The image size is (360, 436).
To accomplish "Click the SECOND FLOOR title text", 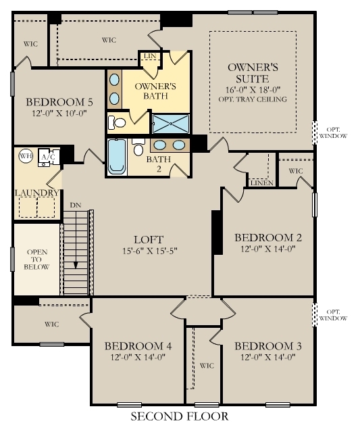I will point(179,416).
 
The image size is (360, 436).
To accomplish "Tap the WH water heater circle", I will point(26,155).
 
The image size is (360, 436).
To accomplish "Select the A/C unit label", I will point(49,157).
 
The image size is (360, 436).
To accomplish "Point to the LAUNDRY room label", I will point(37,193).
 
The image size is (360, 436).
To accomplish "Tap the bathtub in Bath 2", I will point(117,158).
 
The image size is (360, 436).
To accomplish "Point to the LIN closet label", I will point(150,56).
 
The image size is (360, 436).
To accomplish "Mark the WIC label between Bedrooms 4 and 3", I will point(207,366).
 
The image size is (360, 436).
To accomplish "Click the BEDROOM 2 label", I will point(267,237).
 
